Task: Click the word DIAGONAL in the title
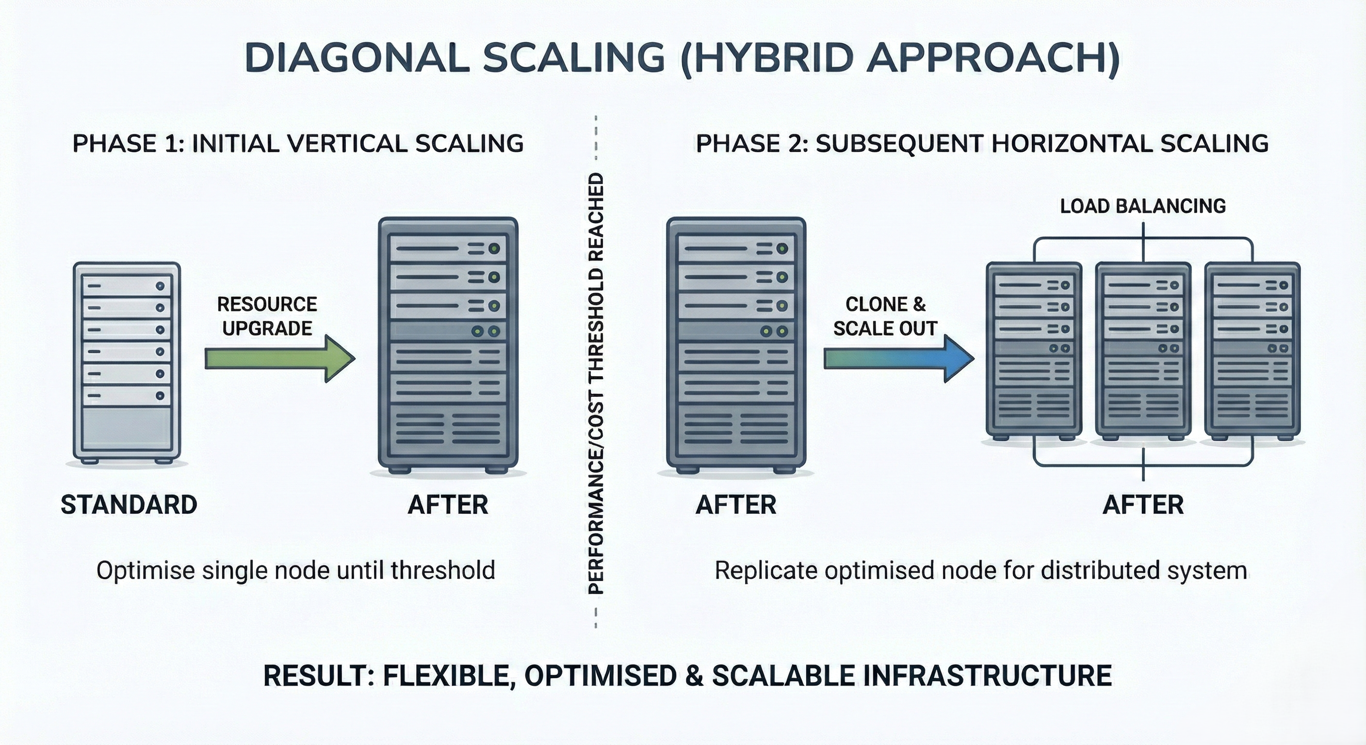[x=357, y=58]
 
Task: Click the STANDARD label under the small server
[x=129, y=504]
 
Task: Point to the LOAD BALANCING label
[x=1143, y=206]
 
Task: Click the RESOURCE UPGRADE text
[x=267, y=316]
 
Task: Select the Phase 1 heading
[x=297, y=144]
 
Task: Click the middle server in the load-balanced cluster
[x=1143, y=350]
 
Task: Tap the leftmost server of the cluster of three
[x=1034, y=350]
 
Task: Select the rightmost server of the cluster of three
[x=1252, y=350]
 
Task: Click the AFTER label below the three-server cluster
[x=1143, y=504]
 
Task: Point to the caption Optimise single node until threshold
[x=295, y=571]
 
